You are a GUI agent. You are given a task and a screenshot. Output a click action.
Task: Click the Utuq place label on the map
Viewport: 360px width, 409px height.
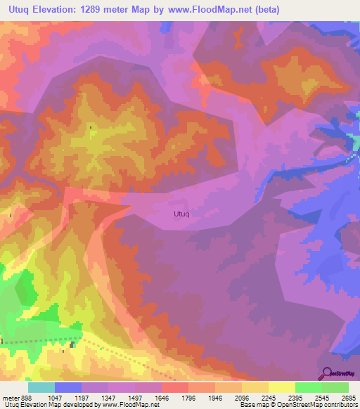coord(181,213)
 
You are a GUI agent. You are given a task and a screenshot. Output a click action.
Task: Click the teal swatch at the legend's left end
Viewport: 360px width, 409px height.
coord(41,387)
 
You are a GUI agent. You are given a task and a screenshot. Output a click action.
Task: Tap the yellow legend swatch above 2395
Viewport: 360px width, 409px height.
coord(281,387)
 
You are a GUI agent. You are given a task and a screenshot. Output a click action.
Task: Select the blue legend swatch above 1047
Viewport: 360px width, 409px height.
coord(68,387)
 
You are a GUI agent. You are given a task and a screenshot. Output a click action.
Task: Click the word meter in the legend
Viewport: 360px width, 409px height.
coord(11,398)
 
